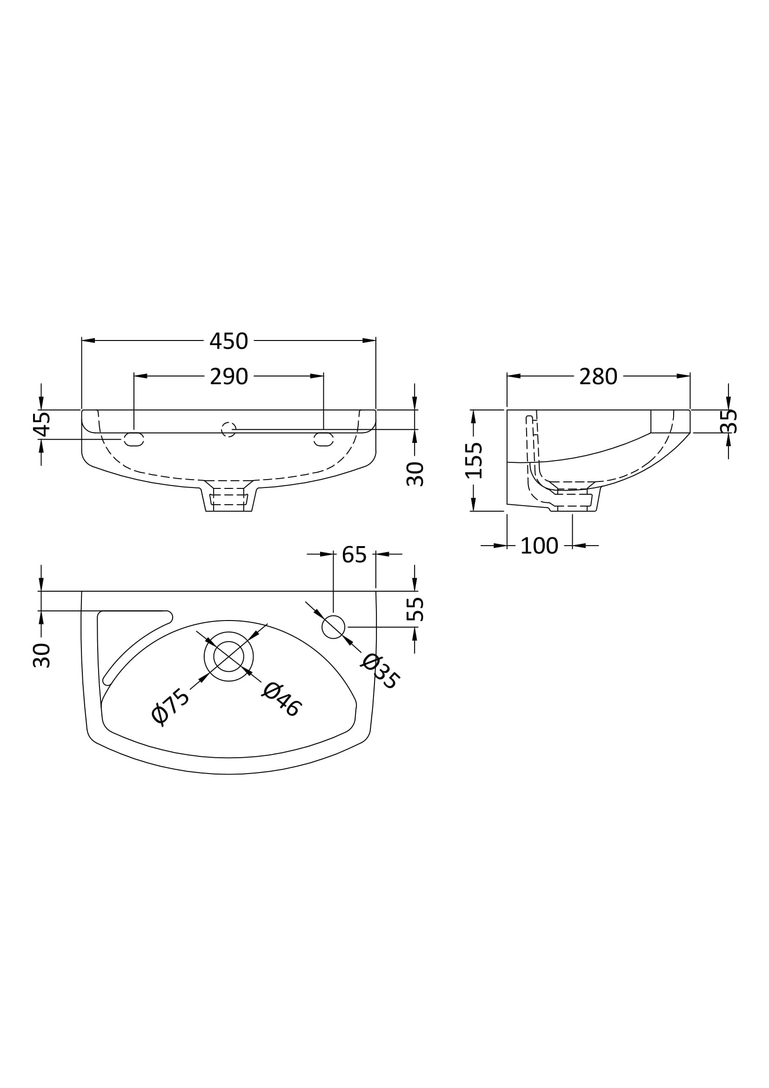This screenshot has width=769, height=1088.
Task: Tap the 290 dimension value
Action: [229, 377]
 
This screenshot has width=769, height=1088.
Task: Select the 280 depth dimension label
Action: [598, 377]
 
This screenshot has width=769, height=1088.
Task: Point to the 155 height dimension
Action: [473, 461]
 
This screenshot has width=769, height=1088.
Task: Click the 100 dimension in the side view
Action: [539, 547]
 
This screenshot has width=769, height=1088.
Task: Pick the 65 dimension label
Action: [354, 555]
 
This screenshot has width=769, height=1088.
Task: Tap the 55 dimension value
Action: [415, 609]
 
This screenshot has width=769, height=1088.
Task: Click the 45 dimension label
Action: [42, 424]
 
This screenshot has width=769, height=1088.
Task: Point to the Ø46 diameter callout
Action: [281, 700]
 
